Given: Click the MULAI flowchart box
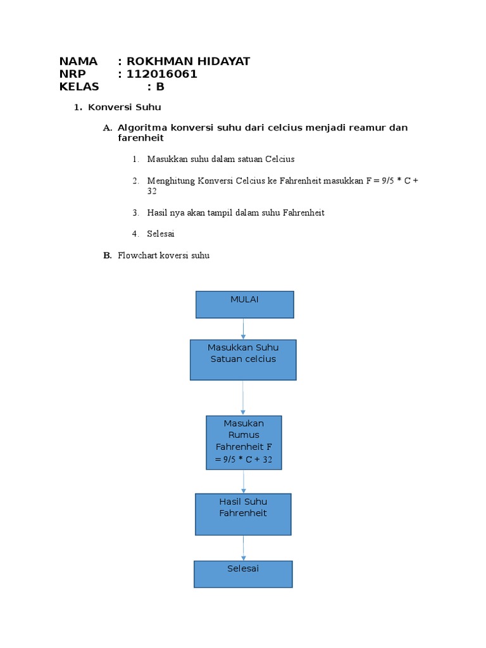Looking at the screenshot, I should tap(244, 304).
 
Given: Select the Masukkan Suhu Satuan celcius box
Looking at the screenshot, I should tap(243, 359).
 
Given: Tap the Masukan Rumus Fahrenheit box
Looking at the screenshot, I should tap(244, 442).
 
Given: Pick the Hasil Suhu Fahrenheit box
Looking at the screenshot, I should tap(243, 514).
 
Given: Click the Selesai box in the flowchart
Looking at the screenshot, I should tap(243, 574).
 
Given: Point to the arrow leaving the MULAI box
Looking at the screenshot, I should tap(244, 328).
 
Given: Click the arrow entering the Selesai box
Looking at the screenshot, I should tap(243, 548).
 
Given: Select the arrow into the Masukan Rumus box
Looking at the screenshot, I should tap(243, 397).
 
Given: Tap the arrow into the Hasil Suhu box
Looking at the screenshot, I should tap(244, 482).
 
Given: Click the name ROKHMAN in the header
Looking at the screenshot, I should tap(157, 61).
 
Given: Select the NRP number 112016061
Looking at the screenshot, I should tap(162, 74).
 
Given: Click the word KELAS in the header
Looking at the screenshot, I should tap(79, 87).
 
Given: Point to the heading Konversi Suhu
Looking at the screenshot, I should tap(125, 108).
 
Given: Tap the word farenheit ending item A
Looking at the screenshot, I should tap(140, 138).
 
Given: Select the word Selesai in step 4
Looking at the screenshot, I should tap(161, 234).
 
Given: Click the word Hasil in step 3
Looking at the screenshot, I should tap(158, 213).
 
